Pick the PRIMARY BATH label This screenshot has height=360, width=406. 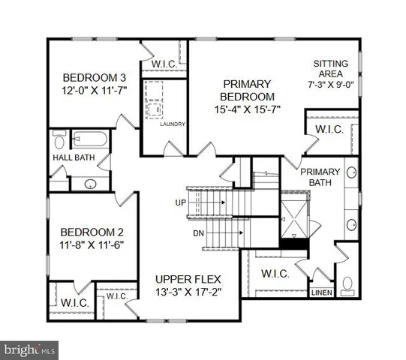321,177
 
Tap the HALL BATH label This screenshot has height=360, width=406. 72,158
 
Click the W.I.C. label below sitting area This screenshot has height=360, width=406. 328,130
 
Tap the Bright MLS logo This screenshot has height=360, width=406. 30,349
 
